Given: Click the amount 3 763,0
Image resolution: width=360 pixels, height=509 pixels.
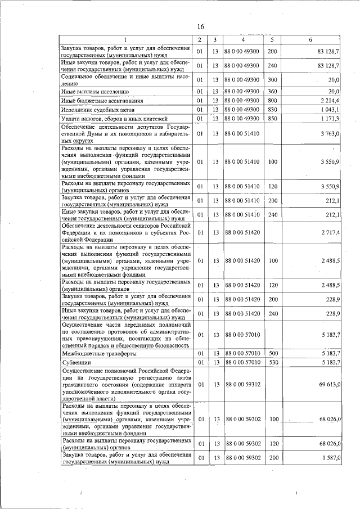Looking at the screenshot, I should pos(328,133).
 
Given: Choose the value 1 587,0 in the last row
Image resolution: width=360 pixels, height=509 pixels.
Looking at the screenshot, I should pos(328,457).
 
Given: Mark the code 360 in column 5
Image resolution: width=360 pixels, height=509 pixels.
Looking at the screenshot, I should pos(272,91).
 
